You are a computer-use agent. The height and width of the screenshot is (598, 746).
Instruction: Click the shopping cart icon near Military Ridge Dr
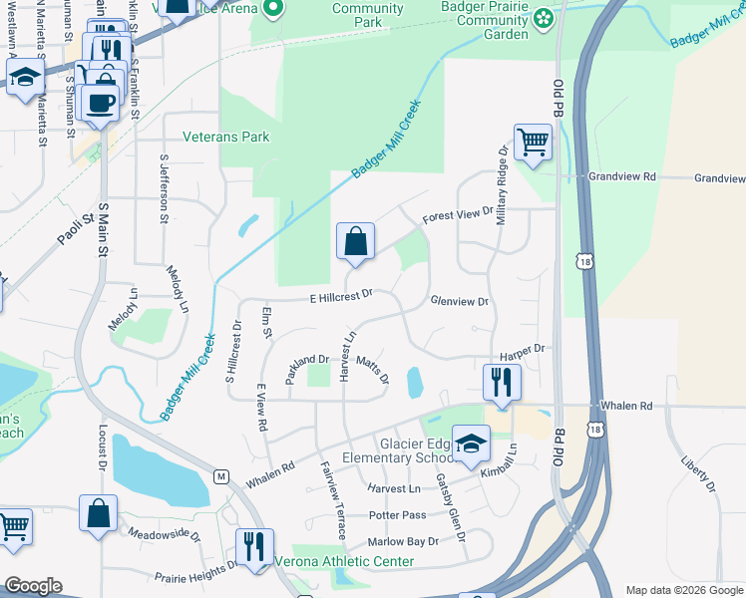pyautogui.click(x=533, y=142)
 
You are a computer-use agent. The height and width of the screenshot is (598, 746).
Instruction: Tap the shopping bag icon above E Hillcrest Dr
pyautogui.click(x=355, y=240)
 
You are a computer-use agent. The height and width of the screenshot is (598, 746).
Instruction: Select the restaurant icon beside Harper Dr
pyautogui.click(x=501, y=382)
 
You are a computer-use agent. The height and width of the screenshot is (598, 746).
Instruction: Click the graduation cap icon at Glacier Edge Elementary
pyautogui.click(x=471, y=443)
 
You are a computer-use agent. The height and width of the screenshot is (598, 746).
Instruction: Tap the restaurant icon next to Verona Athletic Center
pyautogui.click(x=253, y=546)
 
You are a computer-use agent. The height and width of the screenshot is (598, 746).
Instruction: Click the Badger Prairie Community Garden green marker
pyautogui.click(x=542, y=18)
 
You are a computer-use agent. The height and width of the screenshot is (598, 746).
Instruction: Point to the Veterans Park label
pyautogui.click(x=225, y=137)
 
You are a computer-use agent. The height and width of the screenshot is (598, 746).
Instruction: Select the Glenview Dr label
pyautogui.click(x=459, y=301)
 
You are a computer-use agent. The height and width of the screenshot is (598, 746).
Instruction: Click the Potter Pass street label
pyautogui.click(x=397, y=515)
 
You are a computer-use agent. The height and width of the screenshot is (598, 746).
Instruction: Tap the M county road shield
pyautogui.click(x=220, y=476)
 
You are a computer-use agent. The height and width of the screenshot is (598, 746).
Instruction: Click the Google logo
pyautogui.click(x=33, y=586)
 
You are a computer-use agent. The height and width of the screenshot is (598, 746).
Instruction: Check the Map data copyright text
pyautogui.click(x=683, y=590)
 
